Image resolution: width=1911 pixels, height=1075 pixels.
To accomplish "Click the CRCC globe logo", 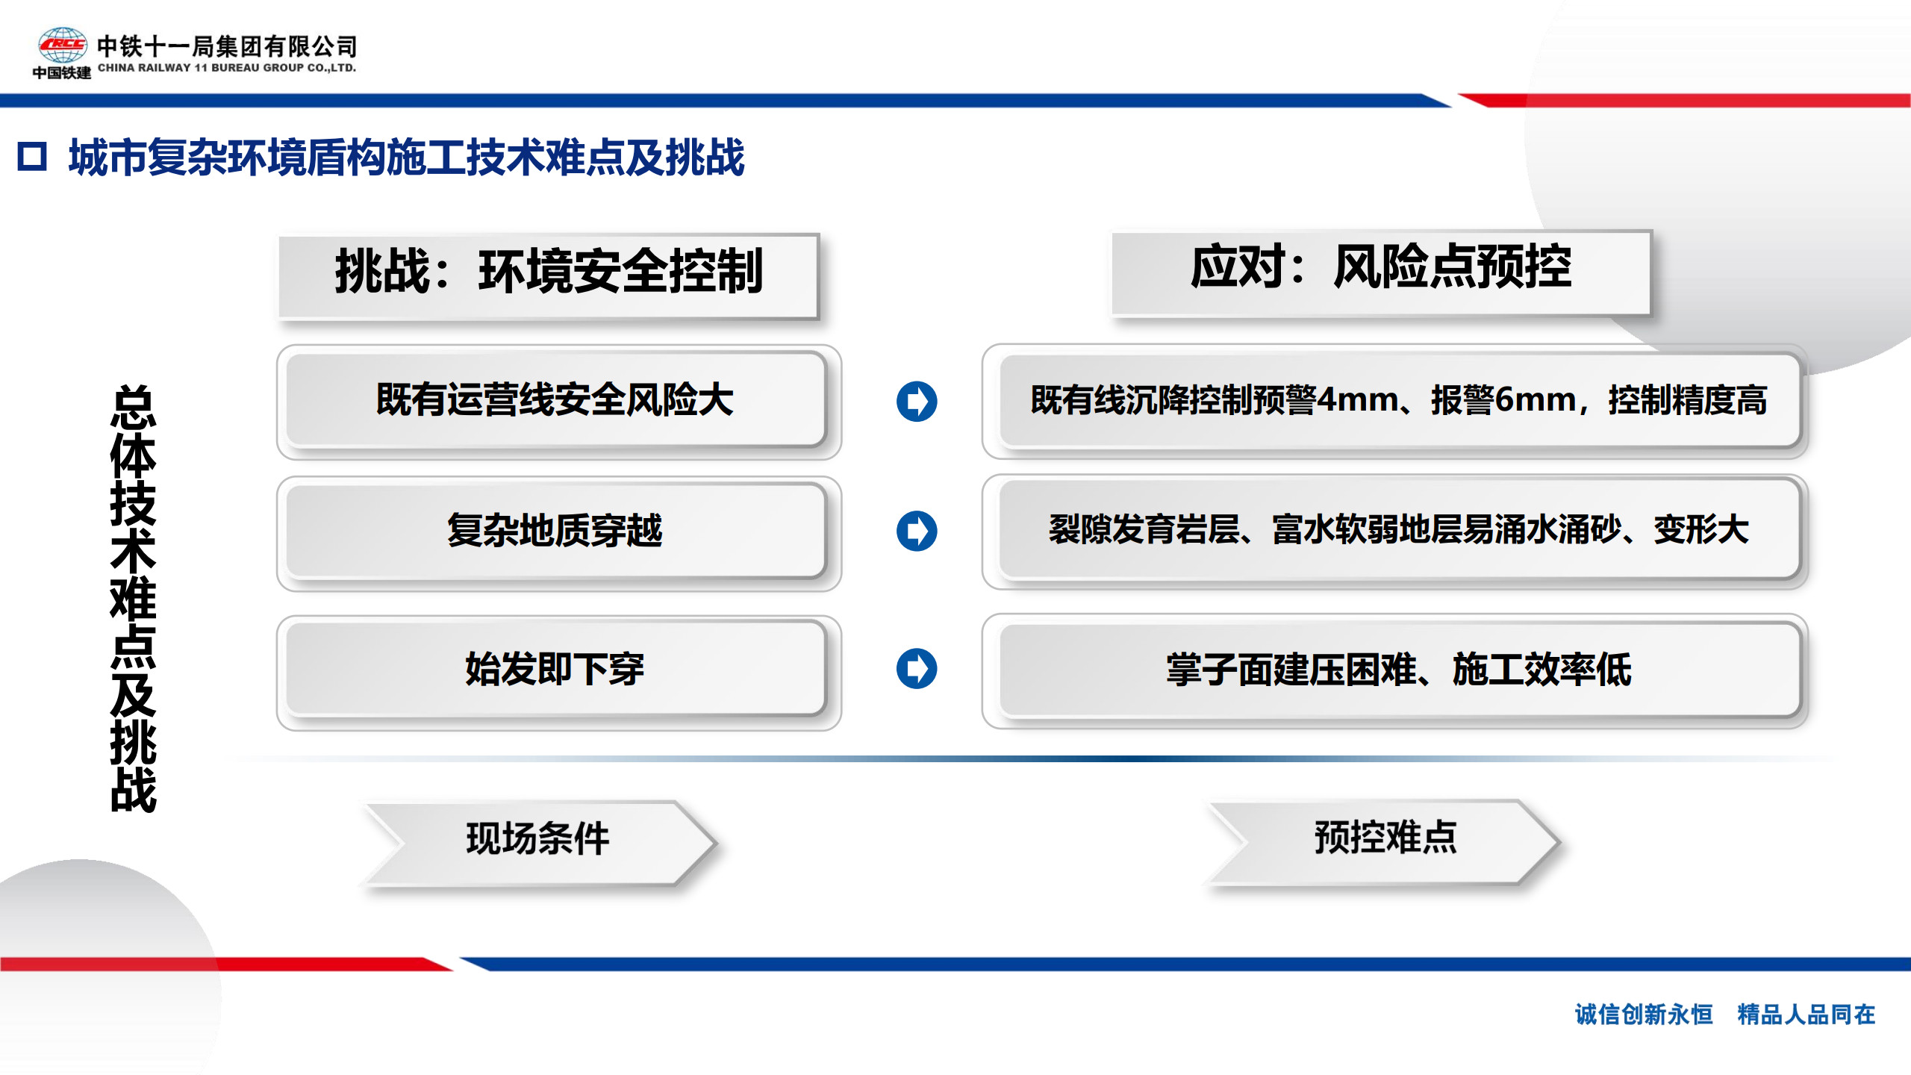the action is point(63,45).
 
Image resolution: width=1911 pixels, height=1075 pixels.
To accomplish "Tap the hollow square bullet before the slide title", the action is point(32,157).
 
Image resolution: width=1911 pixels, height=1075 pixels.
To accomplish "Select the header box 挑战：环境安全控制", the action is point(549,277).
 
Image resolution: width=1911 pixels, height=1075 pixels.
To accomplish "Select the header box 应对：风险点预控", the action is point(1381,273).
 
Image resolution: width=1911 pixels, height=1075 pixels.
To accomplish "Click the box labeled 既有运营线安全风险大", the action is point(558,402).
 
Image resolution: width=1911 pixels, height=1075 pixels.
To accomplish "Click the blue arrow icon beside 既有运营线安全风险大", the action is point(917,401).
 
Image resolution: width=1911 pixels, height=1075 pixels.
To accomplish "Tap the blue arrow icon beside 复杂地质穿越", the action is point(917,531).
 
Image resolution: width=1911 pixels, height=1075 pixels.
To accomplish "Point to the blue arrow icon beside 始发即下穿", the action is point(917,668).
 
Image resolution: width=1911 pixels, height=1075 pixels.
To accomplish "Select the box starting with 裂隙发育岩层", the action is point(1394,532).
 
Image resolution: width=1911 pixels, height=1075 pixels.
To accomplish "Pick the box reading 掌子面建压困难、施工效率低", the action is point(1394,670).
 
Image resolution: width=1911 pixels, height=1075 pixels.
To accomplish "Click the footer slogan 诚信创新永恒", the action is point(1644,1015).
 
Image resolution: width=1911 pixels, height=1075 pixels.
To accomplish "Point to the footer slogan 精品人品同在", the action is point(1806,1015).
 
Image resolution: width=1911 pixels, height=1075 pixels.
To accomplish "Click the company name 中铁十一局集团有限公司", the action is point(227,46).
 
